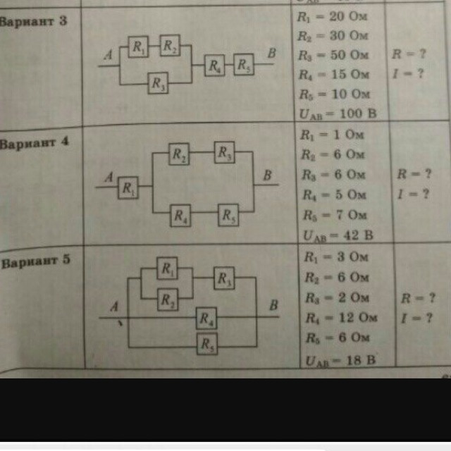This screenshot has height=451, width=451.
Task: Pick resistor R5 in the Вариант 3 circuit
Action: tap(243, 66)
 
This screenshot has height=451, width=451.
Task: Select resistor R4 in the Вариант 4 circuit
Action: tap(180, 216)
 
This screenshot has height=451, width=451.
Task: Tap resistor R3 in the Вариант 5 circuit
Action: tap(224, 278)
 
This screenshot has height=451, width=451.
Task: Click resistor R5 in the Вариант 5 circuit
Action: tap(206, 344)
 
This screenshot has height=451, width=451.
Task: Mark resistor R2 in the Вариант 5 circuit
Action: tap(168, 299)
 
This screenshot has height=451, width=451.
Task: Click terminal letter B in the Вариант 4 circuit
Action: tap(268, 173)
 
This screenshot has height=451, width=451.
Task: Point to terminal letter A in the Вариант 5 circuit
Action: tap(113, 307)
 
